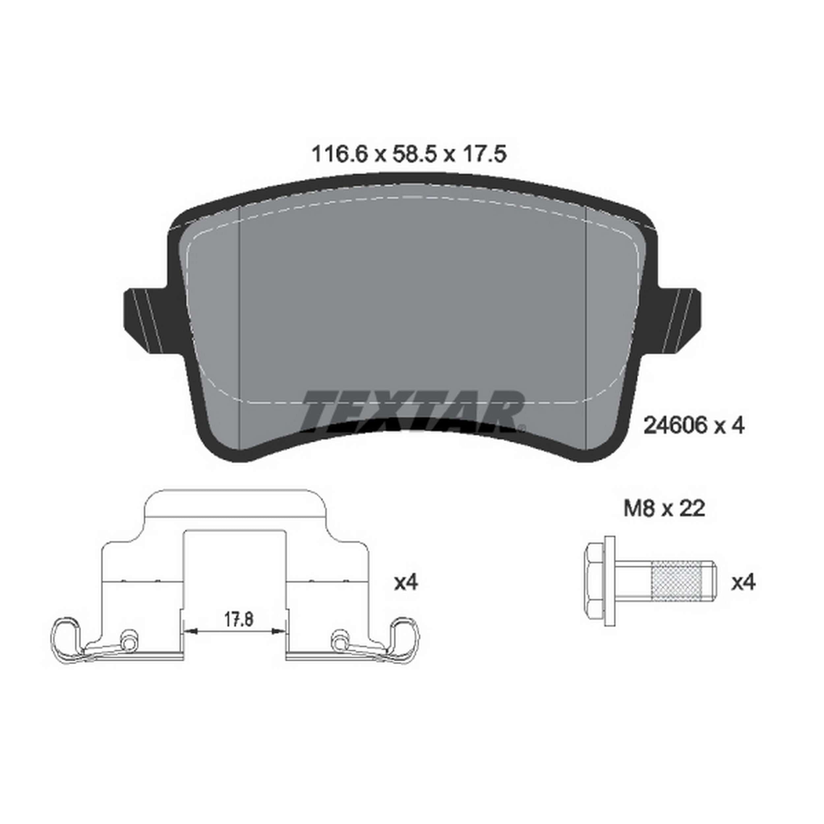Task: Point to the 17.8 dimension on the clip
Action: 239,620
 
